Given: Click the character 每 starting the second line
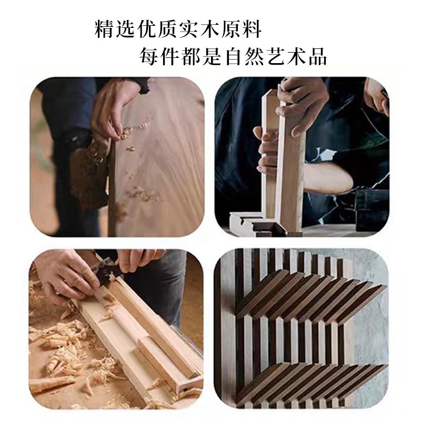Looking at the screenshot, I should coord(149,55).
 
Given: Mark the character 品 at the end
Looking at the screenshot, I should coord(317,55).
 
